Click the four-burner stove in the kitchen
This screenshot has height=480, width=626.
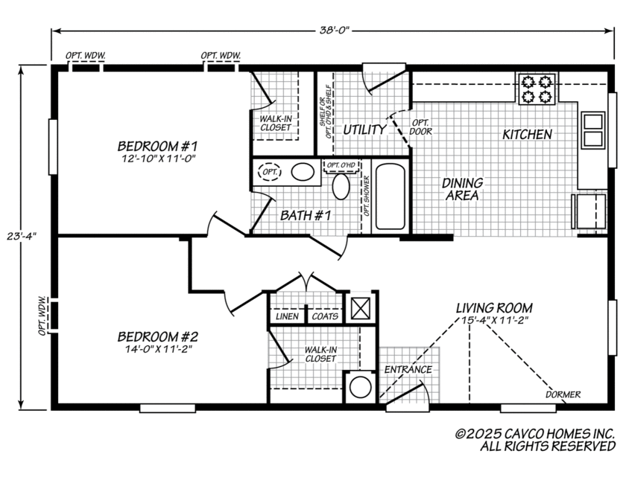click(537, 89)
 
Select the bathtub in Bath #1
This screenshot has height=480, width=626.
click(391, 196)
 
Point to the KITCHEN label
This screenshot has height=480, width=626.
click(527, 135)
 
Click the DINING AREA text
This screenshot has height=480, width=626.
click(462, 189)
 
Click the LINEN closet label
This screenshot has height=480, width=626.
click(288, 316)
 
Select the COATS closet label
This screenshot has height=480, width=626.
click(325, 316)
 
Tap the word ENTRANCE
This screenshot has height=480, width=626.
click(408, 370)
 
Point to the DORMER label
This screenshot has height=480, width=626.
click(563, 394)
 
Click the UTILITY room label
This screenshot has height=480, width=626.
click(364, 129)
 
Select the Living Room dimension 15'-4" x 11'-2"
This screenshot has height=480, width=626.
click(494, 322)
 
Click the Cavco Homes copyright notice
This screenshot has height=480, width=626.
click(535, 440)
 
